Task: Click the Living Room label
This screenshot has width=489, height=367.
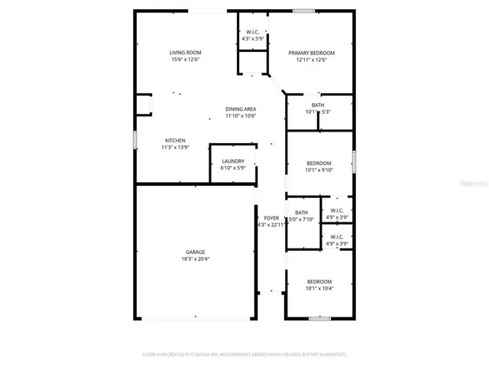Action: [x=185, y=52]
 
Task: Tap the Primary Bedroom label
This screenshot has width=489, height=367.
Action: [x=312, y=53]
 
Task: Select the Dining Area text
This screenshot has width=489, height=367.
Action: [x=240, y=109]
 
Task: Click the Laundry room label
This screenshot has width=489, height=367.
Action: [x=232, y=161]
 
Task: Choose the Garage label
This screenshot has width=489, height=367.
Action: [x=195, y=252]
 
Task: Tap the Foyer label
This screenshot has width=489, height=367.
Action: [x=270, y=218]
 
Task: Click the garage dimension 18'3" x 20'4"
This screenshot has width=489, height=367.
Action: [x=195, y=258]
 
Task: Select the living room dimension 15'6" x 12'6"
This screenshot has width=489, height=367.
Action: [x=185, y=59]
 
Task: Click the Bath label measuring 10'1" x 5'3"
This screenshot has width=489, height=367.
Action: [x=317, y=105]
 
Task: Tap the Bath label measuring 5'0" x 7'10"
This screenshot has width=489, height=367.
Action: [x=301, y=212]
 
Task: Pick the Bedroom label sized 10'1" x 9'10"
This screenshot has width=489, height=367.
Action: [x=319, y=163]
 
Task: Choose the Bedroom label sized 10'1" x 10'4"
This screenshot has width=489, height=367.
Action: [x=319, y=281]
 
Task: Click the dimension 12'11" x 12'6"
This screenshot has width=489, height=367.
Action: [x=312, y=60]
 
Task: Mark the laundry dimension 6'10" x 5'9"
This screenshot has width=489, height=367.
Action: [x=232, y=167]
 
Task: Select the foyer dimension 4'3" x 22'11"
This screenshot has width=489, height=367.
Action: [x=270, y=225]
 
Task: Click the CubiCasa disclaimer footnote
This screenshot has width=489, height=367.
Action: [x=244, y=355]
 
